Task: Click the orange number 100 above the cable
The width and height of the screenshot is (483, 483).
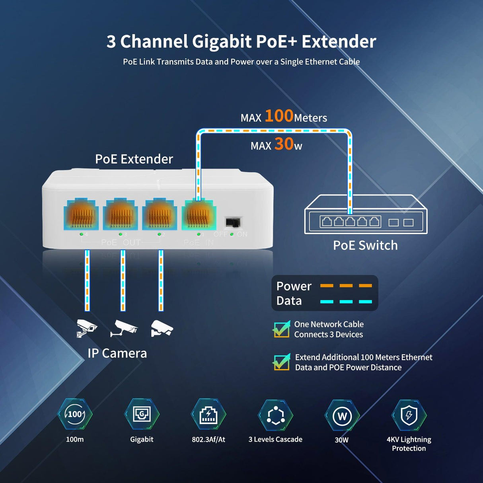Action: click(x=279, y=116)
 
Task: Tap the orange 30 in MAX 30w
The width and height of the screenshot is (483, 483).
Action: click(x=284, y=144)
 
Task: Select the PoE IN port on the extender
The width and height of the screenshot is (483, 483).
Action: click(x=199, y=216)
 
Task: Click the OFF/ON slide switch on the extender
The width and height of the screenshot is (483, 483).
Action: click(x=233, y=222)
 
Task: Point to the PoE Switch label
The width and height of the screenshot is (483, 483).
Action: click(x=365, y=245)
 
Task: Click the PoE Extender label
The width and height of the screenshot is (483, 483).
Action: click(x=134, y=159)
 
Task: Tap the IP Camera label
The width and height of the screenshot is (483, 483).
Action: click(x=117, y=353)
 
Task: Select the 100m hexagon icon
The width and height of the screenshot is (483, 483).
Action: click(x=75, y=415)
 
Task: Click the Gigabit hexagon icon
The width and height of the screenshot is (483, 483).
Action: click(x=142, y=415)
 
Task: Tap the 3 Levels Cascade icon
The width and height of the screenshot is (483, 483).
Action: click(x=275, y=415)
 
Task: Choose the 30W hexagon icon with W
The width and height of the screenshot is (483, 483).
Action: click(x=342, y=416)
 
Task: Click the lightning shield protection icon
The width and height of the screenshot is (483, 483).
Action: click(x=409, y=415)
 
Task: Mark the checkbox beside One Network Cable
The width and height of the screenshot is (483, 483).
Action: click(x=281, y=329)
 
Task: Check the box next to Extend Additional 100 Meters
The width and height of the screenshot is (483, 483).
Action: click(x=281, y=362)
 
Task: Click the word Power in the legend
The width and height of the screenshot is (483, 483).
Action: click(x=294, y=286)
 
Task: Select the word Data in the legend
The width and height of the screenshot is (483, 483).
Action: click(x=289, y=301)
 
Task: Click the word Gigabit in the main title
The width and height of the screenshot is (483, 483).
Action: click(x=222, y=41)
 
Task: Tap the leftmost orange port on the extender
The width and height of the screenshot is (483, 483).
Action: click(x=81, y=216)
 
